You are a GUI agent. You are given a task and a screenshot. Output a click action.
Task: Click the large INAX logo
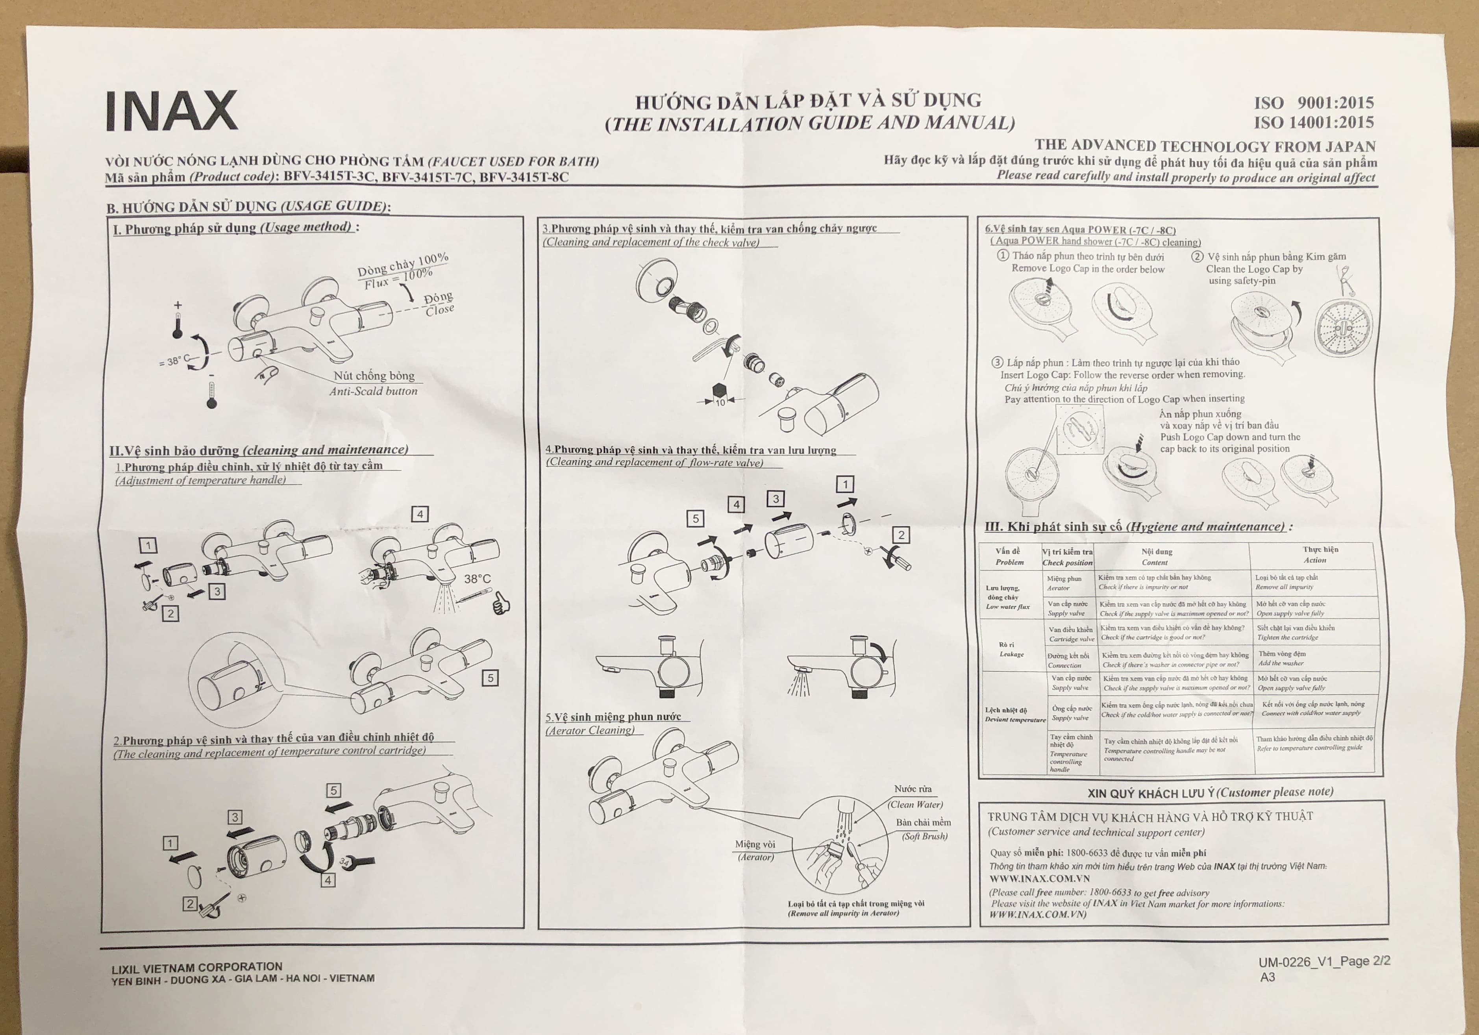pos(171,111)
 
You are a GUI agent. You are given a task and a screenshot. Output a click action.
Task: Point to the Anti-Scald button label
pos(374,391)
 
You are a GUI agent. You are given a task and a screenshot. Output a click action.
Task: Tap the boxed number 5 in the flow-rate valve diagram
pos(695,518)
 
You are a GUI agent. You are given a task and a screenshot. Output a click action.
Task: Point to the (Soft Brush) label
pos(924,836)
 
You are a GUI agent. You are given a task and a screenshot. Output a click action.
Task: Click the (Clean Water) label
pos(915,804)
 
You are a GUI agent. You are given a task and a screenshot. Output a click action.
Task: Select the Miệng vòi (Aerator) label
pos(755,850)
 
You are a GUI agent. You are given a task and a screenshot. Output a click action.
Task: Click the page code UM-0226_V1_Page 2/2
pos(1324,961)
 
